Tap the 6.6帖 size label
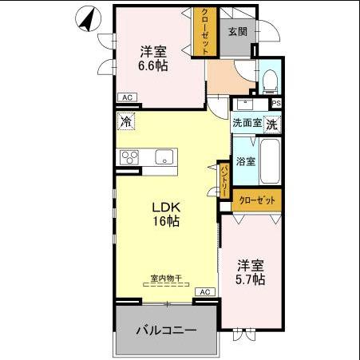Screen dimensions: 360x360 tap(153, 66)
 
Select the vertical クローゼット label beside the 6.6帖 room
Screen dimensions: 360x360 tap(205, 31)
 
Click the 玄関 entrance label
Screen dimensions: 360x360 tap(236, 32)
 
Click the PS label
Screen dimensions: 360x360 tap(276, 103)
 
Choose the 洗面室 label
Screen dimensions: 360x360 tap(247, 124)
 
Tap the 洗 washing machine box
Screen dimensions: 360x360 tap(272, 124)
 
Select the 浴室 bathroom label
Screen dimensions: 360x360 tap(245, 161)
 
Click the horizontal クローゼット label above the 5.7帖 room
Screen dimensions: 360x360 tap(259, 200)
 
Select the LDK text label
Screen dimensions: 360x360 tap(166, 207)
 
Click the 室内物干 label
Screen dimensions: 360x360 tap(166, 279)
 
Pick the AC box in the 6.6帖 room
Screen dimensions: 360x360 tap(125, 97)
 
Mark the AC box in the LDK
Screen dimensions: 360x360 tap(205, 292)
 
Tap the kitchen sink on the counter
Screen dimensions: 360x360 tap(164, 156)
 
